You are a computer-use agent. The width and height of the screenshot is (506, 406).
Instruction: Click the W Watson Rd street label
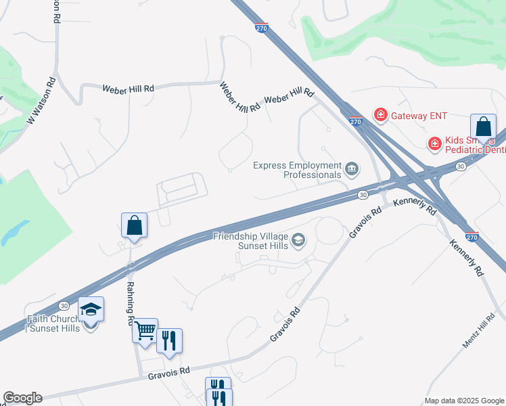coord(40,102)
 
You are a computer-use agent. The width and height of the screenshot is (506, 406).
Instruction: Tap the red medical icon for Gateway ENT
coord(381,116)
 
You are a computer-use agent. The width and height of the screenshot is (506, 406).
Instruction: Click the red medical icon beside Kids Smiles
coord(434,143)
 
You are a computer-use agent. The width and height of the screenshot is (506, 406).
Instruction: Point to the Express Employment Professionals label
coord(297,170)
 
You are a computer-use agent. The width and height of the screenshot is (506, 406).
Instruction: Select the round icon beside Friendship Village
coord(298,240)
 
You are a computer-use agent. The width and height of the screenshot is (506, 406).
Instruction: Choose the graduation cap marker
coord(91,310)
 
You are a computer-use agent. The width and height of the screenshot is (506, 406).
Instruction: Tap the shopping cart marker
coord(145,331)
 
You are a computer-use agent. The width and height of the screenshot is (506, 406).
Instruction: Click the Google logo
coord(22,398)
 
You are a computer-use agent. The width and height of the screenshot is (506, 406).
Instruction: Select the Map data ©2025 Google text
coord(463,401)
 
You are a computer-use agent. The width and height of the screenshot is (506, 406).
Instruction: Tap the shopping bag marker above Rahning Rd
coord(134,225)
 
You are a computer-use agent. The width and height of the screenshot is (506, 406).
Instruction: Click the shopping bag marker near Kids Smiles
coord(483,127)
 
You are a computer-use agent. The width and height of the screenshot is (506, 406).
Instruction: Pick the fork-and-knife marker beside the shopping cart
coord(169,341)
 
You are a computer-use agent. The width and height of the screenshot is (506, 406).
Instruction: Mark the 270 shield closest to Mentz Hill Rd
coord(473,238)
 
